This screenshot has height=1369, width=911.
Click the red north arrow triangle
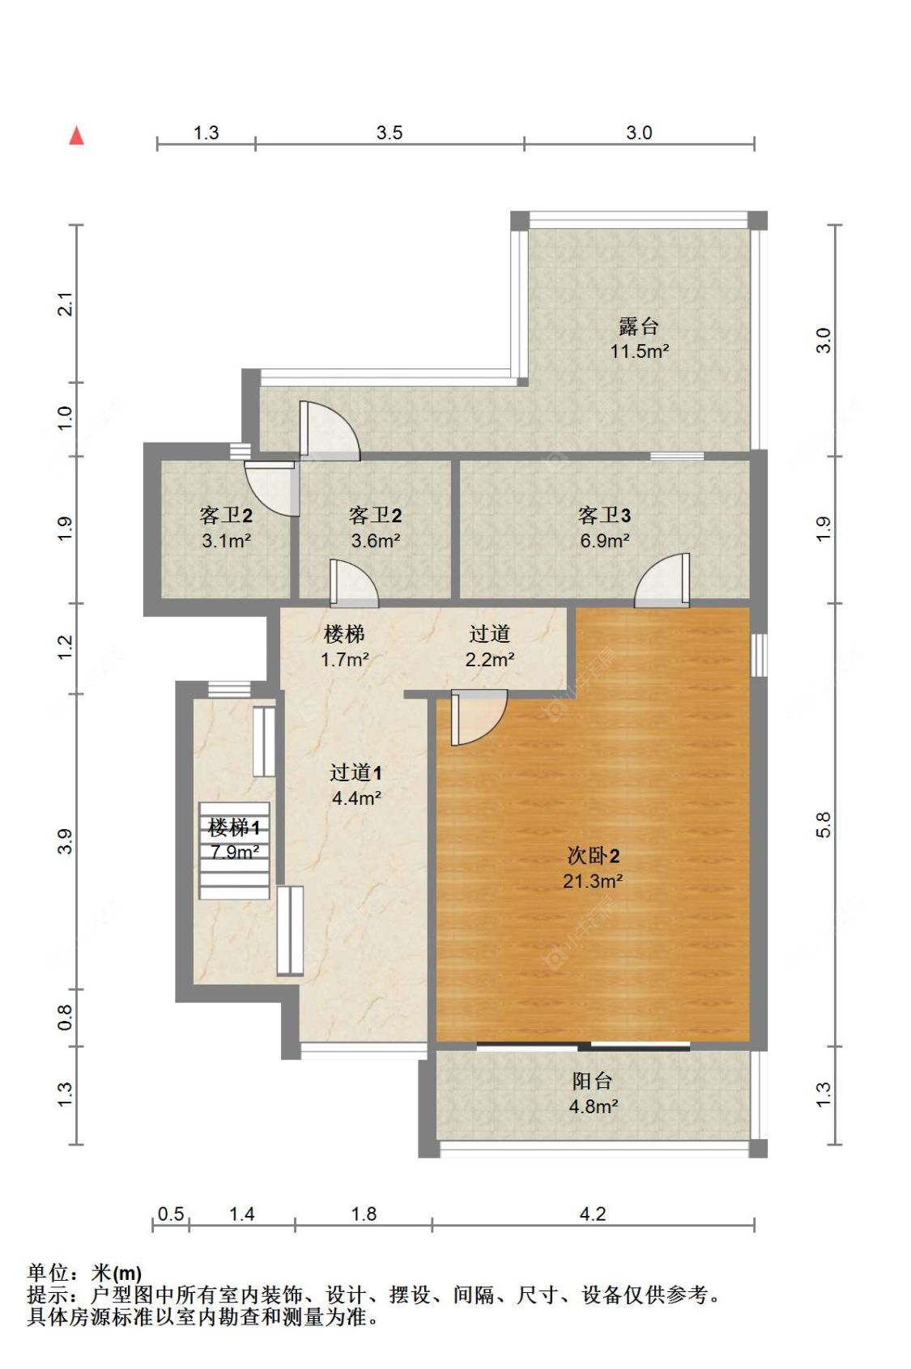(76, 136)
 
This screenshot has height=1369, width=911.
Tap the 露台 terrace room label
(638, 325)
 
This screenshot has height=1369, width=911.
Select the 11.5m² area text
(639, 351)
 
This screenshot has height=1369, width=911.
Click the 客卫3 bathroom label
(604, 515)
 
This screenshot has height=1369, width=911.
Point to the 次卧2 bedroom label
(593, 856)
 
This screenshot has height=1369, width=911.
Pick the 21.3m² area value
(593, 881)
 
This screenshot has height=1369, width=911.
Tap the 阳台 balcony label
(592, 1081)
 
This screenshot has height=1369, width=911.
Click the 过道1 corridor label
(355, 772)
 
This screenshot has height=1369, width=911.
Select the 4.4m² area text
(356, 797)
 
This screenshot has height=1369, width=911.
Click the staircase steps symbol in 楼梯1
(234, 850)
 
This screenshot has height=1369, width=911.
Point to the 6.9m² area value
(605, 541)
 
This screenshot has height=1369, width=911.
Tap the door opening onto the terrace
(330, 430)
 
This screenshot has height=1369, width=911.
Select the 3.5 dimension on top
(390, 133)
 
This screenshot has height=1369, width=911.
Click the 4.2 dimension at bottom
(593, 1214)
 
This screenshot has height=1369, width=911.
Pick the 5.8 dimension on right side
(824, 824)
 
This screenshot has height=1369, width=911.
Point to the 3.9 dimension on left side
(65, 842)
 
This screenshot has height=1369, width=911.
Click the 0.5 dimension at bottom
(171, 1214)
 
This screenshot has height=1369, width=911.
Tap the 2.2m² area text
(490, 660)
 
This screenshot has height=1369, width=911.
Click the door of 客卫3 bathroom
(662, 580)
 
